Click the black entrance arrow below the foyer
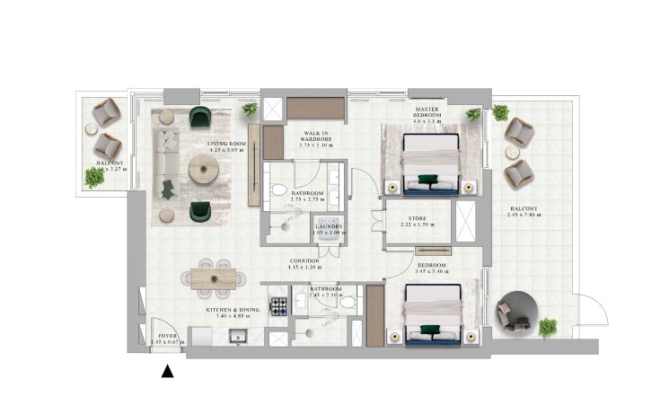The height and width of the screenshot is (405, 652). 165,368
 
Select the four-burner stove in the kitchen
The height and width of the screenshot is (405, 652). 278,304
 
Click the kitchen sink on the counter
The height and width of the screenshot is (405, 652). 240,337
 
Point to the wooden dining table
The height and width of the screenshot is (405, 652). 214,280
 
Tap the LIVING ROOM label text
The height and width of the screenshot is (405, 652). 225,144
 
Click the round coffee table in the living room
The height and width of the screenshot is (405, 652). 201,167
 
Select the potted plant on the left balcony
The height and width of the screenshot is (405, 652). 94,178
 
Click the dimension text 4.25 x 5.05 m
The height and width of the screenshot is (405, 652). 225,151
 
